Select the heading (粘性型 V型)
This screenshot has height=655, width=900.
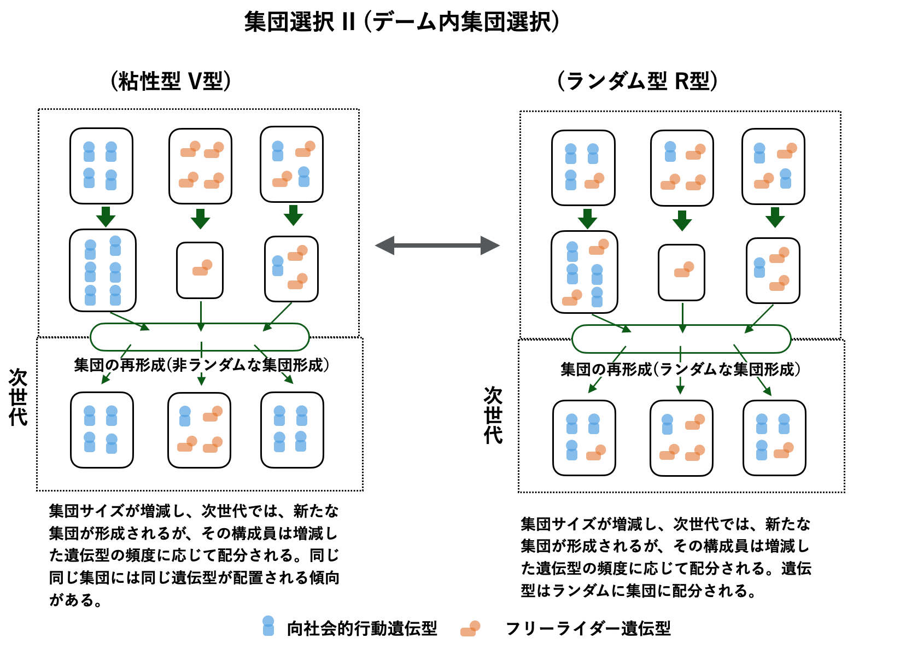click(x=171, y=81)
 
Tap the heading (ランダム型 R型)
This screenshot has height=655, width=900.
click(x=637, y=81)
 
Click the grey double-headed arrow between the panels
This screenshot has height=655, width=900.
click(x=437, y=245)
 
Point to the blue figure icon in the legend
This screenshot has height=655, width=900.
click(x=268, y=626)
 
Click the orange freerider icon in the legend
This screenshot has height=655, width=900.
click(x=470, y=628)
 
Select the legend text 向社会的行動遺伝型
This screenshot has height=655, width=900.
click(x=362, y=629)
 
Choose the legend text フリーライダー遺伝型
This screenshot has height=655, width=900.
click(x=588, y=629)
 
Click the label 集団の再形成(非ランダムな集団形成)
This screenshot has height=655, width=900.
click(x=201, y=365)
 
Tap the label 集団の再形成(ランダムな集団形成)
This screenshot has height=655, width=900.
click(x=680, y=370)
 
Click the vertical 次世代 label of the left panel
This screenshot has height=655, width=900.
click(x=18, y=397)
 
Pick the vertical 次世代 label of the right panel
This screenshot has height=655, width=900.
click(x=493, y=415)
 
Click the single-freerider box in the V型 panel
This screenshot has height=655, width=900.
click(x=200, y=270)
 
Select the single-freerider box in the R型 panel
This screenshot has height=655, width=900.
click(x=681, y=272)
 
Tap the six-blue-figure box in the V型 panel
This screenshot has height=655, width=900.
click(x=103, y=270)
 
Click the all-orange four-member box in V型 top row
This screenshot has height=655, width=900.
click(x=200, y=166)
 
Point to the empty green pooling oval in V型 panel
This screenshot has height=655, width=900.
click(x=200, y=337)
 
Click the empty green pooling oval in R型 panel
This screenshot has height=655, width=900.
click(x=681, y=339)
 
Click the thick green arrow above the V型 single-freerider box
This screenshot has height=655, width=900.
click(x=200, y=219)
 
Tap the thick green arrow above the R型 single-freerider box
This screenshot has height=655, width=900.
click(x=682, y=220)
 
